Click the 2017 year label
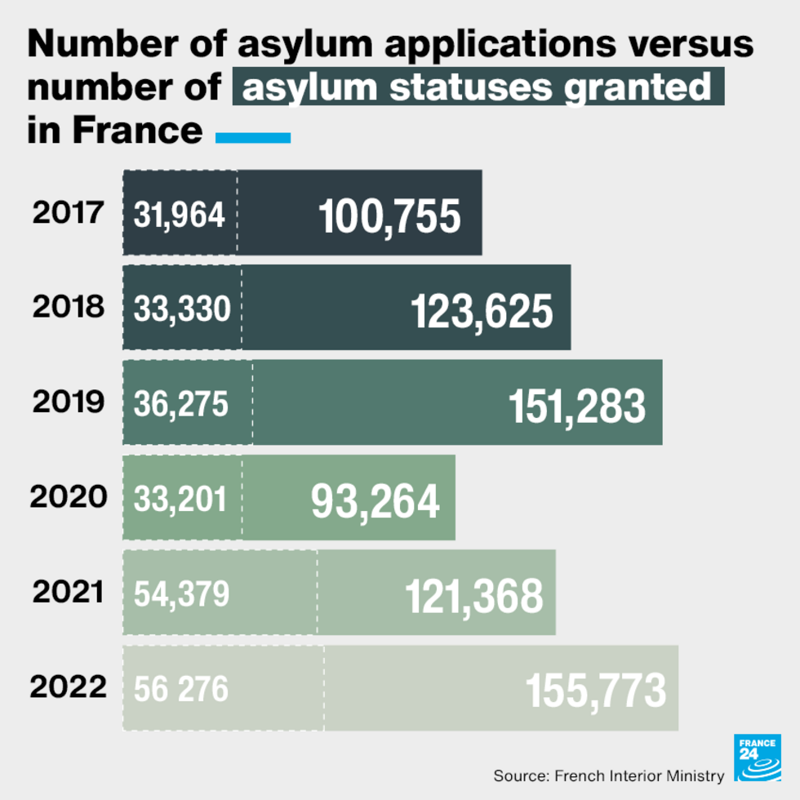[69, 213]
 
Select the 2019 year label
[69, 402]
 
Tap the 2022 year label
[69, 687]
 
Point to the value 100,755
[389, 216]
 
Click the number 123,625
[481, 311]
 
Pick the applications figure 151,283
[577, 406]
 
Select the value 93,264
[375, 501]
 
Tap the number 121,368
[473, 596]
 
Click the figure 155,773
[596, 691]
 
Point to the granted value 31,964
[179, 215]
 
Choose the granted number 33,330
[182, 309]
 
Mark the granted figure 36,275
[180, 404]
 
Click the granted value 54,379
[181, 594]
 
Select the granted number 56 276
[180, 690]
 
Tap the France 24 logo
[758, 757]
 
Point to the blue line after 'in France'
[253, 138]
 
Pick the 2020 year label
[69, 497]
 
